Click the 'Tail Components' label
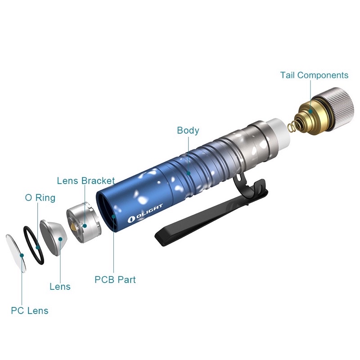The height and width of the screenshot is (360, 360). click(x=314, y=75)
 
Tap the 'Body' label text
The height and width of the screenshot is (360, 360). click(x=188, y=130)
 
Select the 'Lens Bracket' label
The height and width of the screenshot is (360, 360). click(x=86, y=181)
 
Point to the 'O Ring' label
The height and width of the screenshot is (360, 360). click(x=40, y=198)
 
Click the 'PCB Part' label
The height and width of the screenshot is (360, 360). click(x=115, y=279)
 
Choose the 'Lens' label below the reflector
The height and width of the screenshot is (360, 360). click(x=60, y=287)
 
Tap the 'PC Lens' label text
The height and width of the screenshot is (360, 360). click(x=30, y=310)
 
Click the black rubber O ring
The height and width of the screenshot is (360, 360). click(x=33, y=245)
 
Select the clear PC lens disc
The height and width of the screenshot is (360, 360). click(x=16, y=253)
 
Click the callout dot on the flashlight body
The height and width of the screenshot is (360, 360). click(x=188, y=173)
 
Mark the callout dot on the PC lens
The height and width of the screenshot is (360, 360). click(x=22, y=255)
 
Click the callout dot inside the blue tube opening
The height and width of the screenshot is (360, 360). click(x=113, y=216)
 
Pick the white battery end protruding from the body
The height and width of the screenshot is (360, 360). click(x=279, y=134)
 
